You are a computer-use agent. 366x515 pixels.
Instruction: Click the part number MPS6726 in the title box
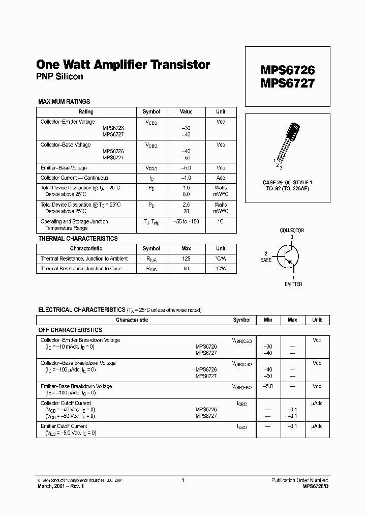(288, 69)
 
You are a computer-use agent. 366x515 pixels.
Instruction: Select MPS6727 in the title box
(288, 83)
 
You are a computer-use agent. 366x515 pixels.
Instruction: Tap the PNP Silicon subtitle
(59, 77)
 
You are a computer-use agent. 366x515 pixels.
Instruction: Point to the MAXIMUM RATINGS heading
(64, 102)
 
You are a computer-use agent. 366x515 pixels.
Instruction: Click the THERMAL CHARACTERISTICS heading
(78, 239)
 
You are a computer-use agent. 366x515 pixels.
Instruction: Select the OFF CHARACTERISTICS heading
(71, 330)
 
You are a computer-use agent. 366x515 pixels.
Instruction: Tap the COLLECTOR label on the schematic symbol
(292, 231)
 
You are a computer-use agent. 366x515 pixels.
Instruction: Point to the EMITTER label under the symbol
(293, 284)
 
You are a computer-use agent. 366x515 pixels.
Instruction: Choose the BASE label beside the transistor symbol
(266, 260)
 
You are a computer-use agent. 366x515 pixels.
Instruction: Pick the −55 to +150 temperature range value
(186, 222)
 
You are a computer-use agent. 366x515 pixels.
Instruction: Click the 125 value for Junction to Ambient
(186, 259)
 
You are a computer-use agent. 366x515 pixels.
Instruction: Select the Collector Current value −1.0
(186, 178)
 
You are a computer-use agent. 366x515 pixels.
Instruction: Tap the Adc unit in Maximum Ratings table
(221, 178)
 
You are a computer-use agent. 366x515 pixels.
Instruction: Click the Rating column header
(85, 112)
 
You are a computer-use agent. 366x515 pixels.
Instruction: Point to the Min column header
(268, 320)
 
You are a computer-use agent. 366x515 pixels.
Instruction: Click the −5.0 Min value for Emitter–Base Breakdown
(268, 387)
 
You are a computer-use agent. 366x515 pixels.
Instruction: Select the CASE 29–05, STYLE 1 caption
(288, 182)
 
